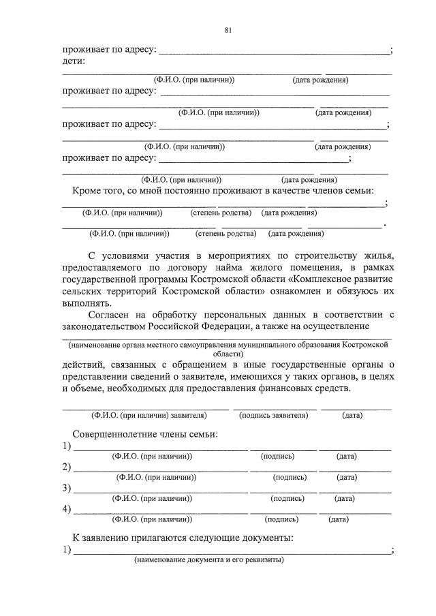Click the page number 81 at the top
coord(228,30)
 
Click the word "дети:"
coord(74,61)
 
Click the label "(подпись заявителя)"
coord(275,415)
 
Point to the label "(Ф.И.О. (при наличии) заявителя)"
coord(149,415)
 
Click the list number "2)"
coord(67,467)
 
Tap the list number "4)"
coord(67,509)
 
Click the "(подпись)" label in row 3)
coord(287,498)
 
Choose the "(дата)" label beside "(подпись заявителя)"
coord(352,415)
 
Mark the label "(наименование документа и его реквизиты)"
coord(209,561)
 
